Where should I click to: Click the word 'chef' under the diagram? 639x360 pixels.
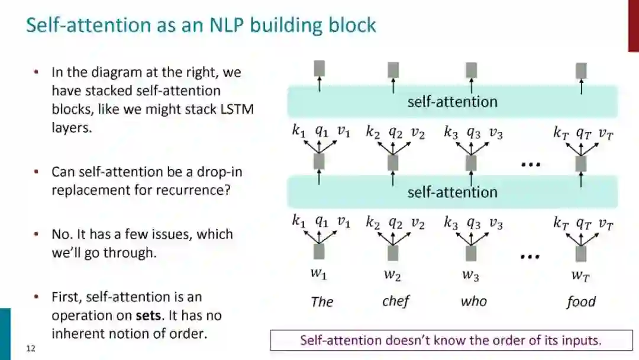396,301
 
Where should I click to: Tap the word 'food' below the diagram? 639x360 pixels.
580,302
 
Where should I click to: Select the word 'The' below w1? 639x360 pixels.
322,302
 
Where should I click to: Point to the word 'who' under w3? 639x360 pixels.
473,301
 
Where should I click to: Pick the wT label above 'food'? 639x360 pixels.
580,275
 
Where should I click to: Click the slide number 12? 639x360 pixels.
31,349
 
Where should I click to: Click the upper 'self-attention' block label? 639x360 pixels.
452,102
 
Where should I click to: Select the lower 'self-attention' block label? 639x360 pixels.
452,192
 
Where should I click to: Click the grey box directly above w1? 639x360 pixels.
319,252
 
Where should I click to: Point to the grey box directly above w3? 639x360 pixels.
471,253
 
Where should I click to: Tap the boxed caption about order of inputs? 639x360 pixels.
450,340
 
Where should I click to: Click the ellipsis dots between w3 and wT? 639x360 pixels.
530,256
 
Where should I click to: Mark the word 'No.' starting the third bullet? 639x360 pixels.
62,234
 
